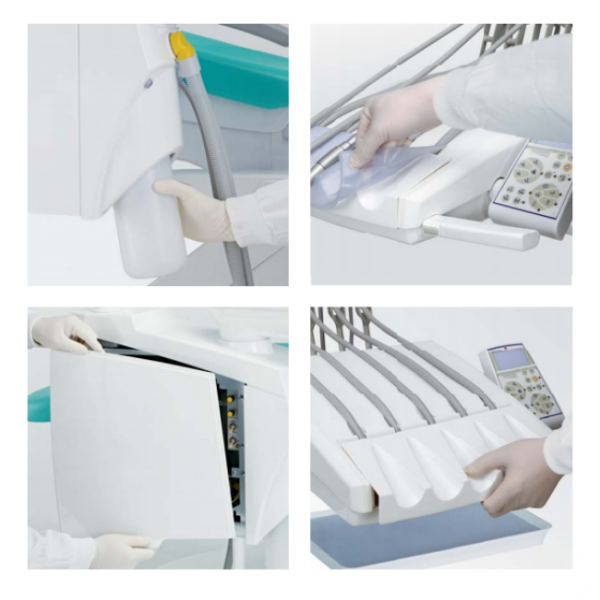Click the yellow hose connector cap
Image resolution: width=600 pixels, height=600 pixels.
tap(180, 44)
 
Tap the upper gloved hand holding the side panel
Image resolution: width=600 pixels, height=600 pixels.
tap(66, 332)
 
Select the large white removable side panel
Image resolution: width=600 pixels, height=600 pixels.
tap(140, 440)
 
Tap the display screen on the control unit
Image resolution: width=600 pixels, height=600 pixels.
tap(509, 360)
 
